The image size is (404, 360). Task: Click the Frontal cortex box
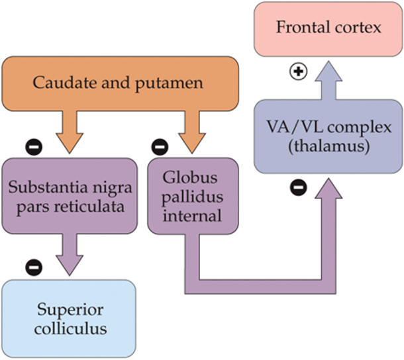328,28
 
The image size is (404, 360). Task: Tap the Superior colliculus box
70,318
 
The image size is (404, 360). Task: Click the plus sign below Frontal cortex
299,71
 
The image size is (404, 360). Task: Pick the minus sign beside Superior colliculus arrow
33,267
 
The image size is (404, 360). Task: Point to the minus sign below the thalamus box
298,189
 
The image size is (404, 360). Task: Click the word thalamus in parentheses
328,147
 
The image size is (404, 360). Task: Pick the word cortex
361,28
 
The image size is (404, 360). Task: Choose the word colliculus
70,328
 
